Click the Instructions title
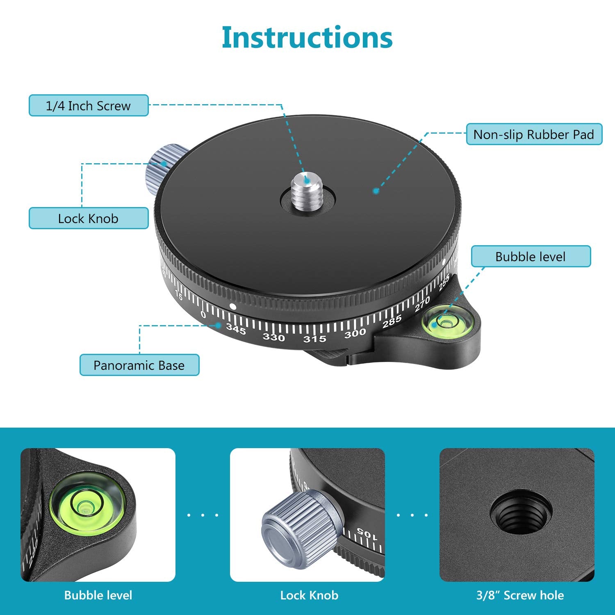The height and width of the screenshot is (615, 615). coord(307,37)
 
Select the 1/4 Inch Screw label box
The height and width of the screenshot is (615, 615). coord(89,106)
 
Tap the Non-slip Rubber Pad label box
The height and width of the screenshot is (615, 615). coord(534,134)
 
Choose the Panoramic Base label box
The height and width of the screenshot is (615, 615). coord(139,365)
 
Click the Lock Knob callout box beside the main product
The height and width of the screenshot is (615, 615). coord(89,218)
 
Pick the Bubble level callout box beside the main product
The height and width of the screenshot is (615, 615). coord(531,257)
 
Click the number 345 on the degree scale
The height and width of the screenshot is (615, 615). coord(236,329)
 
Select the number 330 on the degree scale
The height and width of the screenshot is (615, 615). coord(273,337)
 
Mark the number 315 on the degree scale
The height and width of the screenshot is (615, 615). coord(314,339)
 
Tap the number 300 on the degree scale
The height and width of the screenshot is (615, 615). coord(355,333)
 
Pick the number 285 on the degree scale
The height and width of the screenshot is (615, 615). coord(392,322)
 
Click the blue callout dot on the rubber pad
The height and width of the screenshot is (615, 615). coord(376,191)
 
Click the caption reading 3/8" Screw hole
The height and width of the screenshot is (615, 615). coord(520,595)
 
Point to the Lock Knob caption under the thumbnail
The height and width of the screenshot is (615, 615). coord(309,595)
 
